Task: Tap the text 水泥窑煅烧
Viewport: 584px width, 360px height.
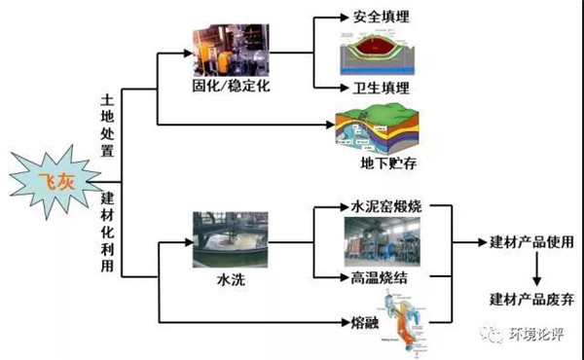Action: pyautogui.click(x=383, y=207)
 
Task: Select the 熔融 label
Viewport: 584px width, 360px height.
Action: pyautogui.click(x=365, y=321)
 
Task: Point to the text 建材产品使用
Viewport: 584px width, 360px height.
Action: pyautogui.click(x=529, y=242)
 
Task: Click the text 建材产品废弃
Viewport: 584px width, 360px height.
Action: pyautogui.click(x=529, y=298)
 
